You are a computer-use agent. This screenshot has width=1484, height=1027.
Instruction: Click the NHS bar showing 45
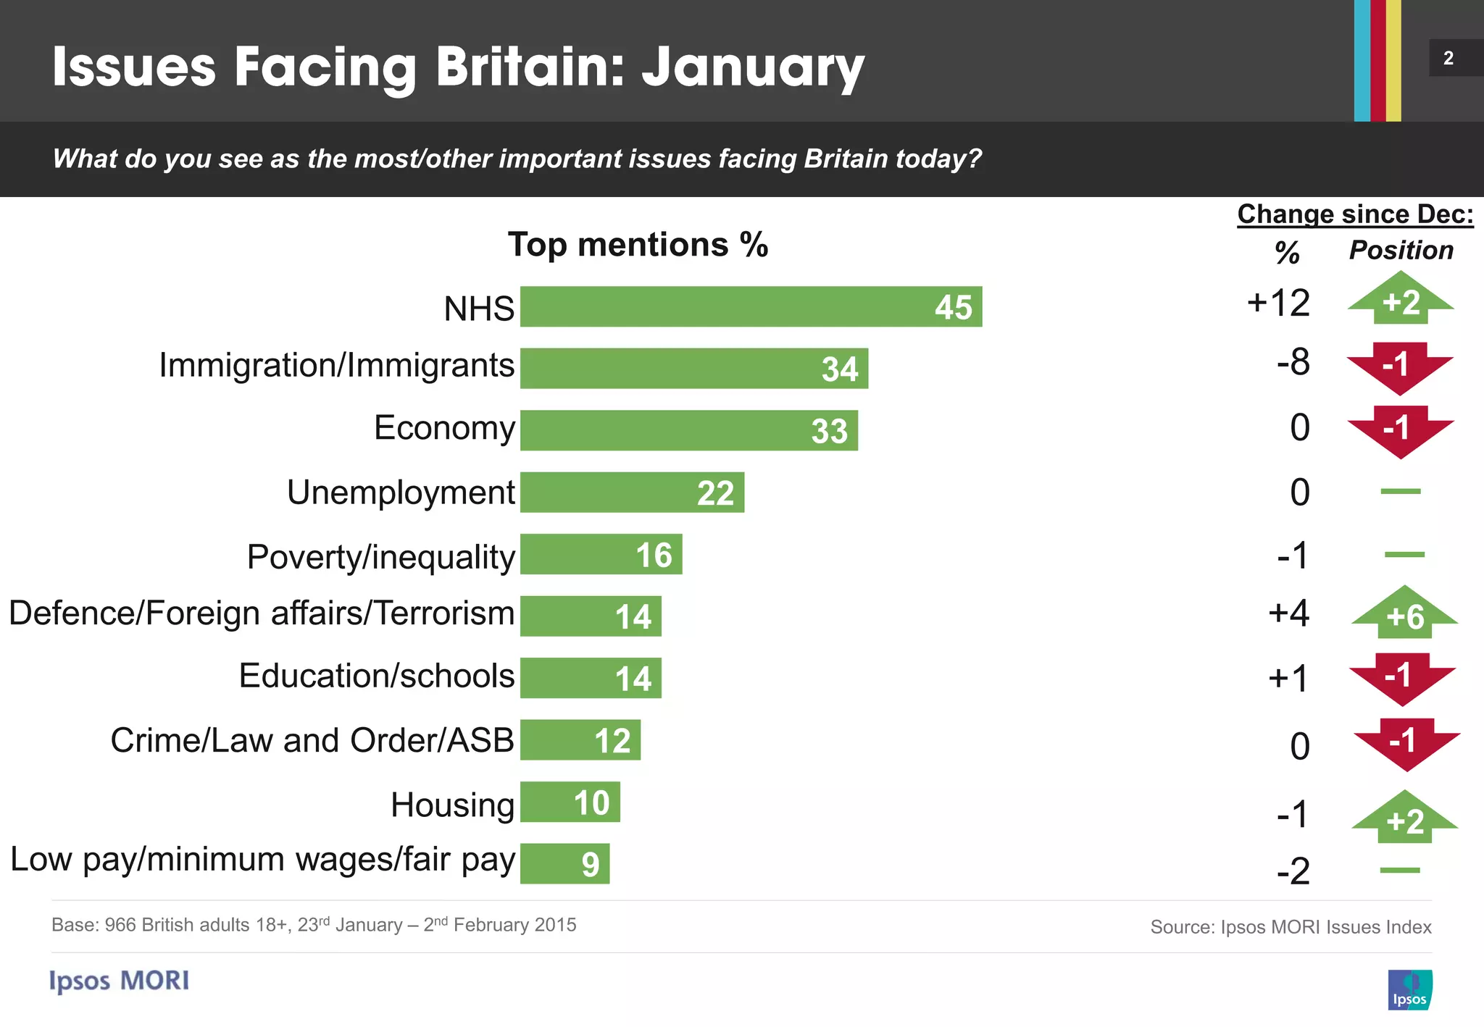pyautogui.click(x=750, y=306)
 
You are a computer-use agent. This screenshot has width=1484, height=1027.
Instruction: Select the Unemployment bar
pyautogui.click(x=631, y=492)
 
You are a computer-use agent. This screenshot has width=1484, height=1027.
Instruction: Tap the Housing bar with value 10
pyautogui.click(x=570, y=802)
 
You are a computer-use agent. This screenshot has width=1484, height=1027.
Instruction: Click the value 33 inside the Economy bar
pyautogui.click(x=829, y=432)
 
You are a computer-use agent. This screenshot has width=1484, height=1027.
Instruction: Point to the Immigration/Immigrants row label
pyautogui.click(x=336, y=366)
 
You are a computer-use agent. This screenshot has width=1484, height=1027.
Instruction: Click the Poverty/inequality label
pyautogui.click(x=380, y=557)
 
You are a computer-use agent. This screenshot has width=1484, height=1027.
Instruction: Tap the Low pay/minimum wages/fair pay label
pyautogui.click(x=262, y=860)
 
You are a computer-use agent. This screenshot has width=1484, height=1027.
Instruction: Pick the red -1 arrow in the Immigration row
pyautogui.click(x=1399, y=366)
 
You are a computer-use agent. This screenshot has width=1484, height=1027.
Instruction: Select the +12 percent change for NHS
pyautogui.click(x=1278, y=303)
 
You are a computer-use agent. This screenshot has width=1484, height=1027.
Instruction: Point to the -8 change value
pyautogui.click(x=1293, y=362)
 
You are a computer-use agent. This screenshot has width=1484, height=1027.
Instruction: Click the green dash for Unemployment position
pyautogui.click(x=1400, y=492)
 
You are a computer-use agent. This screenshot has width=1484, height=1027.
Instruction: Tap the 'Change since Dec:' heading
pyautogui.click(x=1354, y=214)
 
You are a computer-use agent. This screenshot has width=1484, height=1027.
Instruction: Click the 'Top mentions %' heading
pyautogui.click(x=638, y=245)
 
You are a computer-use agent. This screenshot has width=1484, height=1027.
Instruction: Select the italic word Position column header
pyautogui.click(x=1401, y=251)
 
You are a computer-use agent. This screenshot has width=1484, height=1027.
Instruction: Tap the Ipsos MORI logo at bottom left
pyautogui.click(x=120, y=981)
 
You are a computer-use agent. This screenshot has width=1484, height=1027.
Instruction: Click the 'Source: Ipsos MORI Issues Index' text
pyautogui.click(x=1290, y=927)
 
